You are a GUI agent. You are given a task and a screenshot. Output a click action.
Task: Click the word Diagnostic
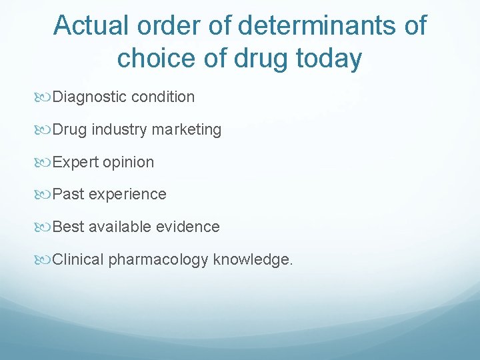click(x=89, y=97)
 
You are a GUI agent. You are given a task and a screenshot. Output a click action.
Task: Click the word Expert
click(x=75, y=162)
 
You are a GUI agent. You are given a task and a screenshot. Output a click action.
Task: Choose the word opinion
click(x=128, y=162)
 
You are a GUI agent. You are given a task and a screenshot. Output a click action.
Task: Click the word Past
click(x=69, y=194)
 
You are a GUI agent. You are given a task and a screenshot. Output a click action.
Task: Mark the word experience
click(x=127, y=194)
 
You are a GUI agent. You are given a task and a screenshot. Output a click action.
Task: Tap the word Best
click(x=69, y=227)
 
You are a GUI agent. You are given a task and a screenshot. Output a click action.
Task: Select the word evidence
click(x=188, y=227)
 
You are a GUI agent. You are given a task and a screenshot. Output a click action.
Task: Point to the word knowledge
click(x=253, y=259)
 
